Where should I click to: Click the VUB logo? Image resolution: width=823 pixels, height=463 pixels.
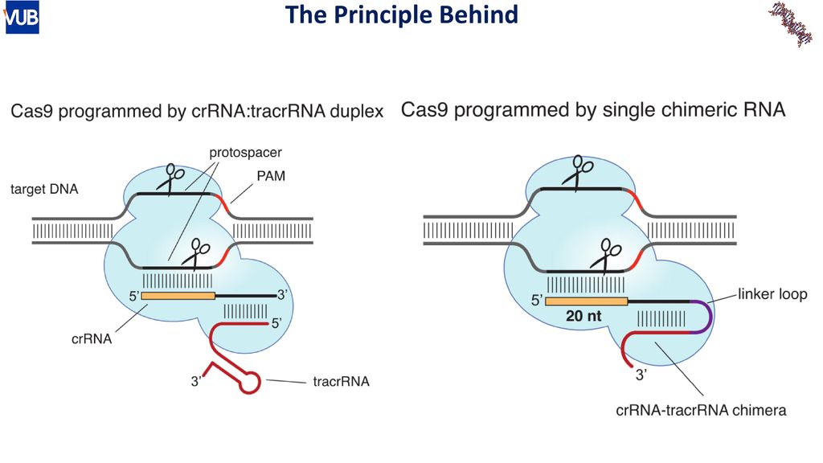coord(22,18)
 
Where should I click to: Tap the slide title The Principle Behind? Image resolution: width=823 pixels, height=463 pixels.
coord(402,14)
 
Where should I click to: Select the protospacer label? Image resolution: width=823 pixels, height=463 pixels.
coord(245,153)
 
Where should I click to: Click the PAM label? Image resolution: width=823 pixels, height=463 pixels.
coord(271,176)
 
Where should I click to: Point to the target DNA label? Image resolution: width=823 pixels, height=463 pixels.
coord(44,189)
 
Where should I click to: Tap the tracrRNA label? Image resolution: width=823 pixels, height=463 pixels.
coord(341,382)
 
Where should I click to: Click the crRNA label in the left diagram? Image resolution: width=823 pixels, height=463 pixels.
coord(92,339)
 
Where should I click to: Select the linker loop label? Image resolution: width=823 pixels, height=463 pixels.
coord(772,294)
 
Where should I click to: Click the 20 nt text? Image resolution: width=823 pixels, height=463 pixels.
coord(583,316)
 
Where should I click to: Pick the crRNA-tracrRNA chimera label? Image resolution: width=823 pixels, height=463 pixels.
coord(701,410)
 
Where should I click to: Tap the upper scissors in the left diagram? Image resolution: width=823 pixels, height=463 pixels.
coord(171,179)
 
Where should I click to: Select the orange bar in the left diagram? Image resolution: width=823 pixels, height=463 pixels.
coord(178,296)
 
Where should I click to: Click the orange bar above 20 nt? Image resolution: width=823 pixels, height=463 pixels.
coord(586,301)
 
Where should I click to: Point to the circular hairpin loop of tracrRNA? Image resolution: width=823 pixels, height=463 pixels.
coord(250,382)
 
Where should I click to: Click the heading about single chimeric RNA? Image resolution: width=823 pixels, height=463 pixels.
coord(593,110)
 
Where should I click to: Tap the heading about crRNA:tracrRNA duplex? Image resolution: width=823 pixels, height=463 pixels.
coord(197,111)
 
